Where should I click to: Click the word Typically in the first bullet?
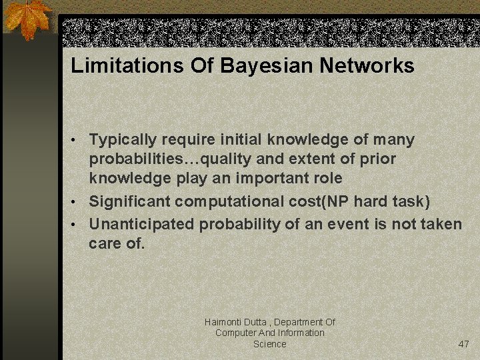(x=122, y=140)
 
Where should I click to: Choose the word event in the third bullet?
(x=345, y=223)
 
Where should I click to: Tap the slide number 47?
(x=464, y=344)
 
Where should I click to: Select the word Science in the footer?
(x=270, y=344)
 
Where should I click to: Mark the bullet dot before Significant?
(x=77, y=202)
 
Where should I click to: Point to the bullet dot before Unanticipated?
(x=77, y=225)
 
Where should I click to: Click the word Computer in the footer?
(x=234, y=333)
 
